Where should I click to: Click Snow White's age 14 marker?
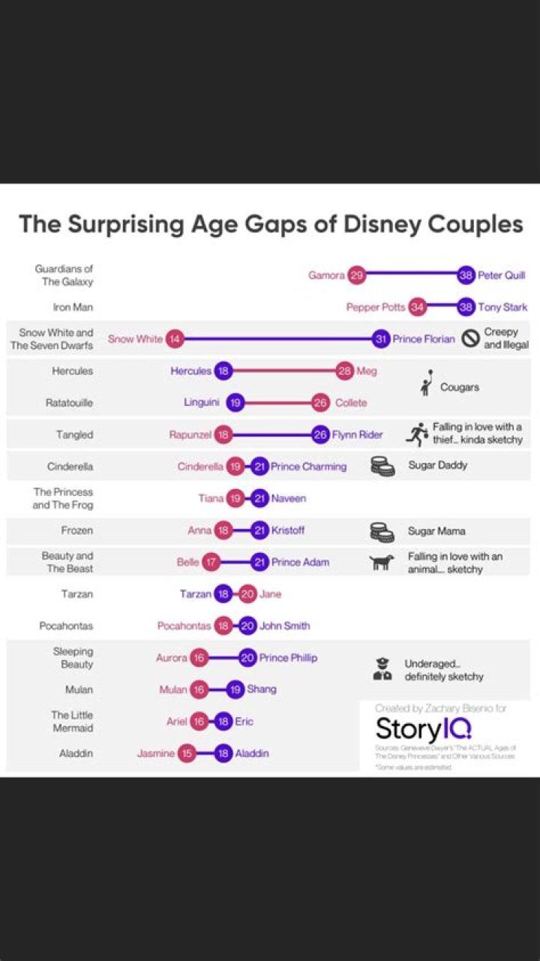coord(175,339)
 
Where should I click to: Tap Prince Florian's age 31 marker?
coord(382,339)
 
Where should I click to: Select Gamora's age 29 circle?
coord(356,275)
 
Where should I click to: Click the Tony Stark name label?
coord(502,307)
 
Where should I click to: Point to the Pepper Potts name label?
coord(375,307)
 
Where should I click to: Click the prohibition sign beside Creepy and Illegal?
coord(470,338)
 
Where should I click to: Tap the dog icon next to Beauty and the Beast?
coord(382,563)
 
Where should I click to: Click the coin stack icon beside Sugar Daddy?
coord(382,466)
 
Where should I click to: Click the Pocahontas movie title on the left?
coord(66,626)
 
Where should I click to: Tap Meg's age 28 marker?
coord(345,371)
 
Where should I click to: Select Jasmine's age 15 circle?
coord(187,753)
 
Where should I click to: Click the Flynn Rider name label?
coord(357,434)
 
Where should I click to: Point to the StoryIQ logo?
coord(424,728)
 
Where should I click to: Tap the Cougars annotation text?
coord(460,387)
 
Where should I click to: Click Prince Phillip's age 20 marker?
coord(248,658)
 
